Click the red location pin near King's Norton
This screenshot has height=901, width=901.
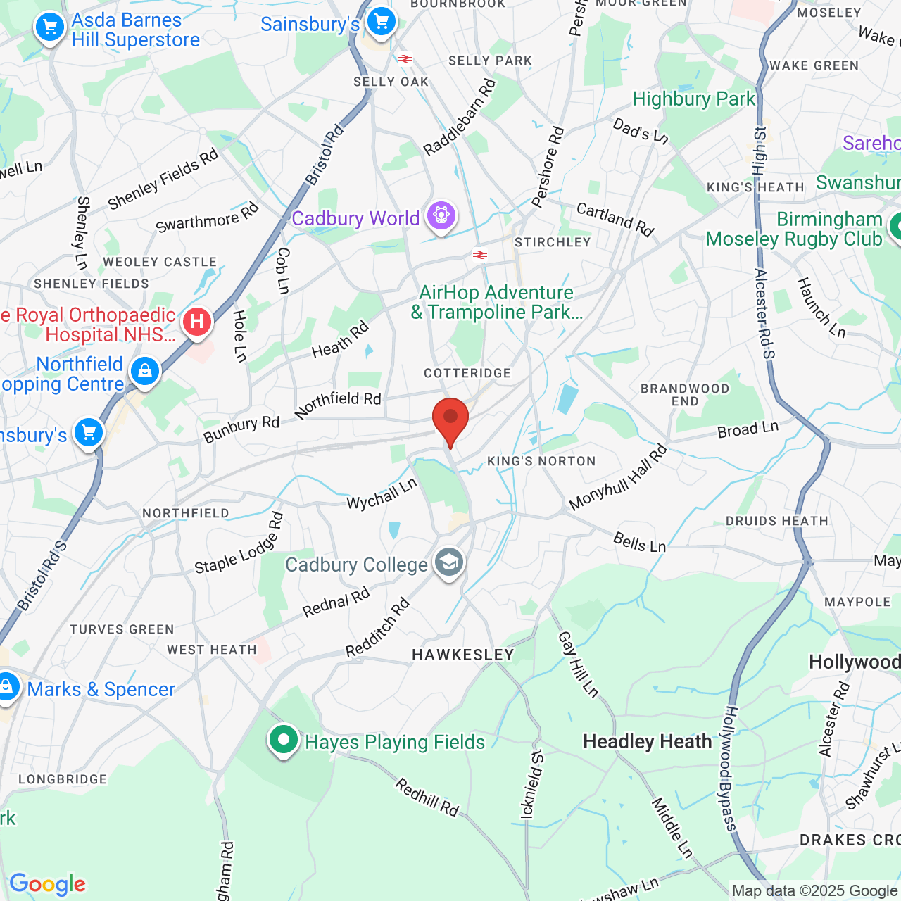click(x=450, y=420)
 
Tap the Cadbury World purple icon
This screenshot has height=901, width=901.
click(x=441, y=215)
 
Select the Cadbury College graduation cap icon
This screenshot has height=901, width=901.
click(x=448, y=562)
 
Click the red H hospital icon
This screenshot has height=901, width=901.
click(x=197, y=322)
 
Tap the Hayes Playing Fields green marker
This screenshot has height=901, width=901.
click(x=283, y=740)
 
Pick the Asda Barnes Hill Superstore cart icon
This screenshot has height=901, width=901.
click(x=50, y=28)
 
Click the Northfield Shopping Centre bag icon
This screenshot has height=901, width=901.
click(x=145, y=370)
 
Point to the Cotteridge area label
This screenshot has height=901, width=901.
click(x=467, y=373)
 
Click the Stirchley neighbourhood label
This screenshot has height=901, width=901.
click(x=553, y=242)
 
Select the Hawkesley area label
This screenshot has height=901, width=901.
click(x=463, y=655)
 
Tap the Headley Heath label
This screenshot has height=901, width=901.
click(x=648, y=742)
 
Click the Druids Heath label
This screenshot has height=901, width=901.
click(x=777, y=521)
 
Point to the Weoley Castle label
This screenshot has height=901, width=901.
click(x=160, y=262)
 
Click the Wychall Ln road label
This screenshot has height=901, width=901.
click(x=382, y=493)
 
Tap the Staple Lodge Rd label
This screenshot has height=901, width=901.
click(x=239, y=543)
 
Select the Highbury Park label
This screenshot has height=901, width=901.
click(x=693, y=99)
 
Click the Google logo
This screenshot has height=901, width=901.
click(x=47, y=884)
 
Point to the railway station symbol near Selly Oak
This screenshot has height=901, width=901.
click(x=405, y=59)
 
